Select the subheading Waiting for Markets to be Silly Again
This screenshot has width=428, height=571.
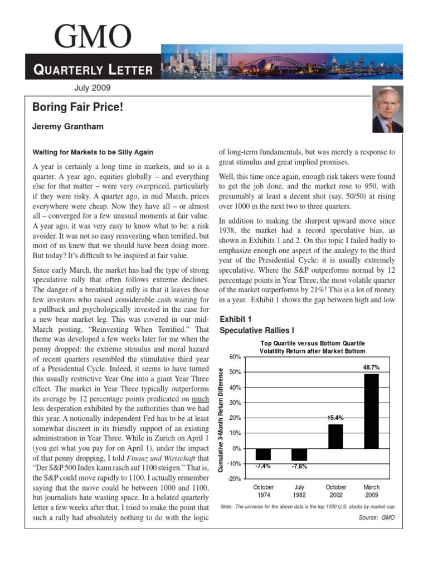[x=93, y=152]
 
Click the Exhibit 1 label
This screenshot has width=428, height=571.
[x=237, y=320]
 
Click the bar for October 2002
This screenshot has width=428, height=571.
[x=335, y=436]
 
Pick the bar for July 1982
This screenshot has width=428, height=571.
[x=299, y=454]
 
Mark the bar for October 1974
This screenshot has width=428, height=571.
[x=263, y=454]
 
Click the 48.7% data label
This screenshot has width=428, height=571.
[x=371, y=368]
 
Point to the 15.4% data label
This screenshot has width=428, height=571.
[x=335, y=418]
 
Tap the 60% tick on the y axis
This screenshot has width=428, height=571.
[x=234, y=356]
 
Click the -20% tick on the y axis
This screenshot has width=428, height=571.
[x=234, y=479]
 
